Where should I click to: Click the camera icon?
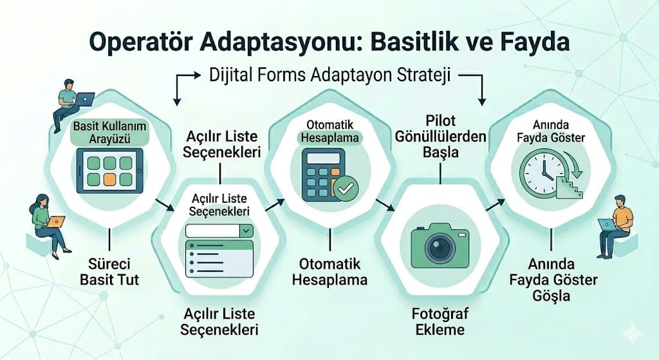[440, 245]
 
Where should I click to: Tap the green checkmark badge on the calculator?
[346, 189]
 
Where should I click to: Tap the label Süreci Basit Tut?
[109, 272]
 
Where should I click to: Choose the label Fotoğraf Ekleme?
[440, 323]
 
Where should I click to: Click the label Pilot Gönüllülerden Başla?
[441, 138]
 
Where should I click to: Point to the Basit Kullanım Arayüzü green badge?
[109, 131]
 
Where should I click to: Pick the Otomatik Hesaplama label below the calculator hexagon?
[329, 272]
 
